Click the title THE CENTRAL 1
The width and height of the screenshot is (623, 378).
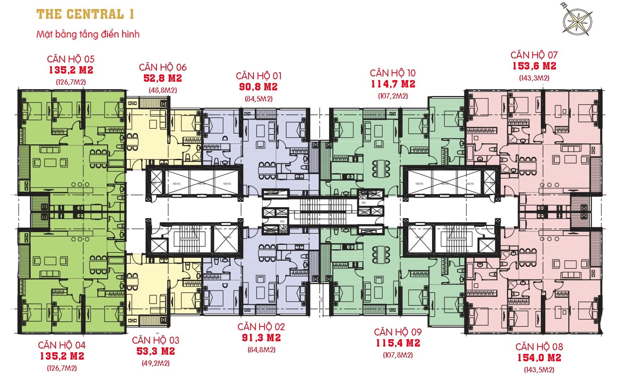click(85, 14)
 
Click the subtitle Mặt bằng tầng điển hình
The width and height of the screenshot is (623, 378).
click(88, 34)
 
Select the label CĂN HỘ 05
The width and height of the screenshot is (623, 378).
click(71, 59)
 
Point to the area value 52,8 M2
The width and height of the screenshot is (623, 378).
click(163, 78)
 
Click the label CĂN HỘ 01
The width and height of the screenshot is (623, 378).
click(258, 76)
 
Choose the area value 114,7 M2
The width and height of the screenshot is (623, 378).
click(393, 84)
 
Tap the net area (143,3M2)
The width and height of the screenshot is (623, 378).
click(534, 78)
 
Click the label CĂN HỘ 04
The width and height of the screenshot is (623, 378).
click(62, 345)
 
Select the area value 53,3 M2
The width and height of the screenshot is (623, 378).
click(156, 351)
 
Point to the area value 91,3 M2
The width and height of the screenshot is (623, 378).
click(261, 338)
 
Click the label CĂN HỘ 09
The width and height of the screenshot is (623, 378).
click(398, 332)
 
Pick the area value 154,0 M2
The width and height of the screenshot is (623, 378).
click(539, 358)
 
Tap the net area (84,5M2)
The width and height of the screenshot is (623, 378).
click(258, 98)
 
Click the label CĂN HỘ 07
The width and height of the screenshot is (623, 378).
click(534, 55)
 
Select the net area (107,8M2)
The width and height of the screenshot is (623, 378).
click(398, 355)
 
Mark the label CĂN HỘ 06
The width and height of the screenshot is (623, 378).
click(163, 67)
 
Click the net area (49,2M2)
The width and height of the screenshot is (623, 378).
click(156, 363)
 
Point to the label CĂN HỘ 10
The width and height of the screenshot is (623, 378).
click(393, 73)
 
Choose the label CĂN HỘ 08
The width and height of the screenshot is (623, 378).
click(539, 347)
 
